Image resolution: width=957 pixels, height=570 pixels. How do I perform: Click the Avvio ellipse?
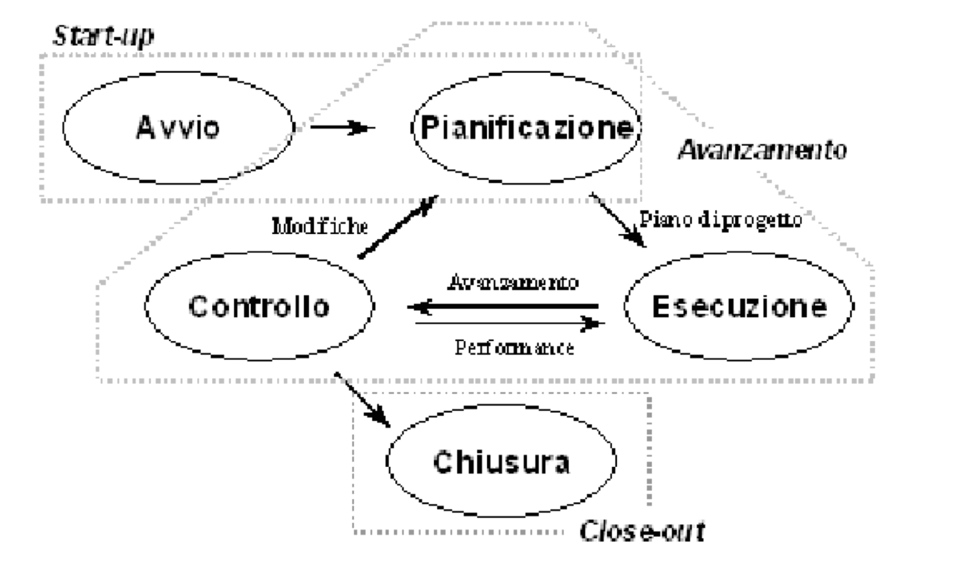click(178, 128)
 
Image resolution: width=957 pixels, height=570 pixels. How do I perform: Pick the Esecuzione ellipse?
click(738, 306)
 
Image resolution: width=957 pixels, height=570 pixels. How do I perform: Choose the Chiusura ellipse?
click(501, 462)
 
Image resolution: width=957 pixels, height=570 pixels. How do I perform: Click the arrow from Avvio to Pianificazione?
click(342, 128)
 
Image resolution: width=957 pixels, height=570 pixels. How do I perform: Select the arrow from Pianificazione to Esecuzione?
click(617, 221)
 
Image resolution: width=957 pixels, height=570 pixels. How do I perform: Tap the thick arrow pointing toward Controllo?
click(503, 306)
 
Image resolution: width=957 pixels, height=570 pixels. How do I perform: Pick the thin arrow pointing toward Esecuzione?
click(509, 324)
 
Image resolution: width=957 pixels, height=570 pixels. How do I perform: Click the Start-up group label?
click(103, 35)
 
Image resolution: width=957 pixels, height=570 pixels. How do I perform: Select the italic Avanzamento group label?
click(762, 150)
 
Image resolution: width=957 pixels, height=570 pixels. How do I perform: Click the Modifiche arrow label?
click(320, 226)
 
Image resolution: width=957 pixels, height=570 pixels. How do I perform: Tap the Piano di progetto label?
click(720, 220)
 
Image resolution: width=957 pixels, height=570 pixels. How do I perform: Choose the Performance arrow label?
click(514, 348)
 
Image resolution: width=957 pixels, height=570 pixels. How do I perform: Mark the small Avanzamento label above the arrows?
click(513, 282)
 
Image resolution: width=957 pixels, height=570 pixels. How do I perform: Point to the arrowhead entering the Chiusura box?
click(383, 419)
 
